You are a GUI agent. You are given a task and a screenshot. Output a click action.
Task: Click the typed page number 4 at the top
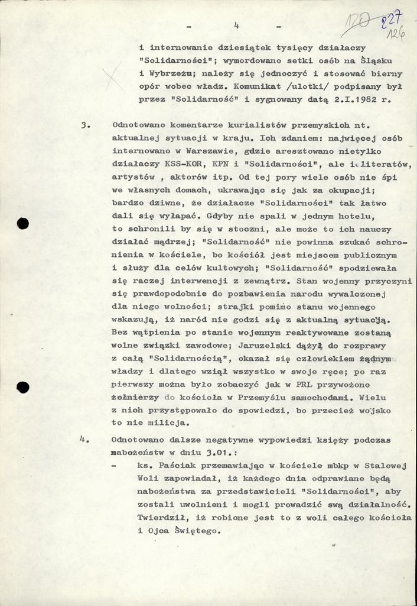coord(236,25)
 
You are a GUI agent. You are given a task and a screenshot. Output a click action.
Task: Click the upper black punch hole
coord(23,223)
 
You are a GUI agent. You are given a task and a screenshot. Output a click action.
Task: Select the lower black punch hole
coord(23,388)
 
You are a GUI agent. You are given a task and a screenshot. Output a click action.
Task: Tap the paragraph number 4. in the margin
coord(84,439)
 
